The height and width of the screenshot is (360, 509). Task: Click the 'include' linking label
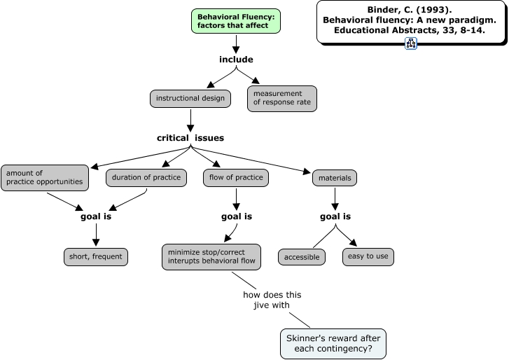click(236, 60)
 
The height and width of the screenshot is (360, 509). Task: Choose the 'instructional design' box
click(190, 99)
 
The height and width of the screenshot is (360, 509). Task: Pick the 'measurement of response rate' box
click(282, 99)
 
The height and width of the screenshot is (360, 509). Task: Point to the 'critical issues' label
click(190, 138)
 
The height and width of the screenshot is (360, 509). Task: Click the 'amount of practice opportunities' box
click(45, 177)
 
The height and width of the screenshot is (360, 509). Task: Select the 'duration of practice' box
click(147, 178)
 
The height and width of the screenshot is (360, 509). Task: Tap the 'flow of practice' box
click(236, 178)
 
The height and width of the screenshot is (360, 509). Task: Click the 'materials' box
click(335, 179)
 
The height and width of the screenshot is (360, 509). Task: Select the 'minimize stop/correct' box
click(211, 256)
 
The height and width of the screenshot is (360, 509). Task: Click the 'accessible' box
click(302, 257)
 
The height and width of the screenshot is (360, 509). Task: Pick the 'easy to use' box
click(368, 256)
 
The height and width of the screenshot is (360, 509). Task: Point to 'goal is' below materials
click(335, 216)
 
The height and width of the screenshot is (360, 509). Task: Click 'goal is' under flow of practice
click(237, 216)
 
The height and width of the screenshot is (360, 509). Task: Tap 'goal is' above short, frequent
click(96, 216)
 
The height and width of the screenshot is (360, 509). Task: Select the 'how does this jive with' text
click(266, 299)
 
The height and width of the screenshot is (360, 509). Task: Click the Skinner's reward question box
click(333, 342)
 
